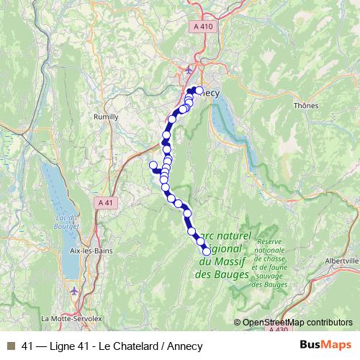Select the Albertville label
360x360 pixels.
(x=341, y=261)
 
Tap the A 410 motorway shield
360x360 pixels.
(x=204, y=27)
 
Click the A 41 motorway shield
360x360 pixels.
(x=105, y=204)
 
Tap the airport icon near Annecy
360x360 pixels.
(x=189, y=70)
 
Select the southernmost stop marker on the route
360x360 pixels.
(x=207, y=251)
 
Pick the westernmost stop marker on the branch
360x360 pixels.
(x=153, y=166)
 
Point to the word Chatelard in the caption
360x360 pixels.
(x=127, y=345)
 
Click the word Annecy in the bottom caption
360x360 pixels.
(x=185, y=345)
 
